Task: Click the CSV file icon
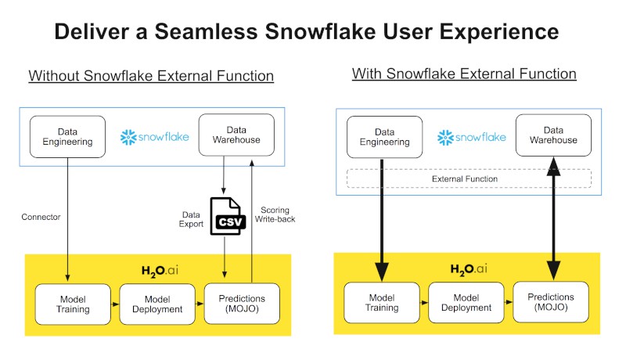[x=228, y=216]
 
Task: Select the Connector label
[x=41, y=217]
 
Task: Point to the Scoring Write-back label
[x=275, y=214]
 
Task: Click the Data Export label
[x=191, y=219]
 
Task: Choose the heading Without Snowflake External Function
[x=151, y=75]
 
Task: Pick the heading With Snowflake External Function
[x=464, y=74]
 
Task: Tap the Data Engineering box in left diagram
[x=67, y=136]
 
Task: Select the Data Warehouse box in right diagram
[x=553, y=135]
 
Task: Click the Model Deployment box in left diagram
[x=157, y=304]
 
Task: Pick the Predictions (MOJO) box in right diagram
[x=551, y=302]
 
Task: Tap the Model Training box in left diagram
[x=73, y=304]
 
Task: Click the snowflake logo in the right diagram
[x=472, y=137]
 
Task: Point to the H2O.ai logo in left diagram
[x=160, y=271]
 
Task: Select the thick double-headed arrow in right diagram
[x=553, y=218]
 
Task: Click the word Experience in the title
[x=499, y=32]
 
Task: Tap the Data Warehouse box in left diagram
[x=236, y=135]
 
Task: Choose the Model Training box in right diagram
[x=382, y=303]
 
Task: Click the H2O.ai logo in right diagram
[x=469, y=269]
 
